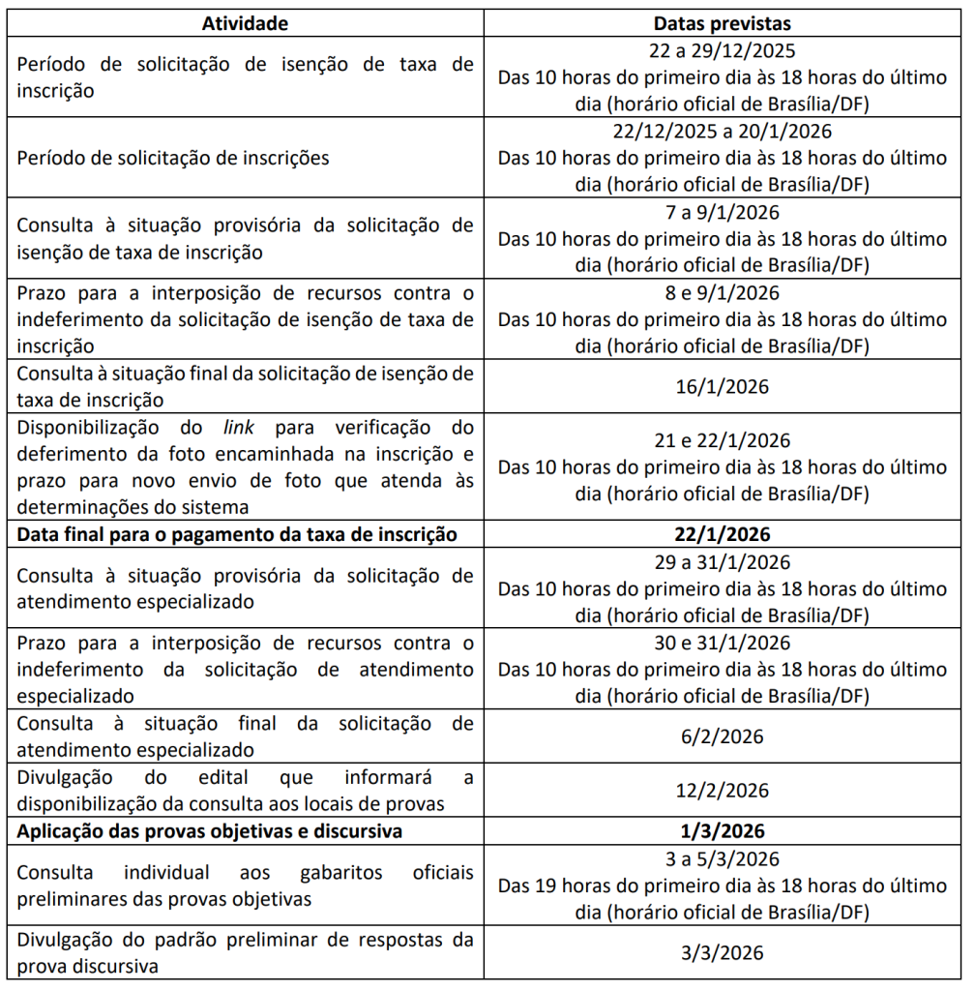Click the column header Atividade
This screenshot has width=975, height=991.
[245, 22]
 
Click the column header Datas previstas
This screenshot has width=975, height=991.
[722, 22]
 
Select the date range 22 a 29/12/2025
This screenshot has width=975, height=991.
[722, 50]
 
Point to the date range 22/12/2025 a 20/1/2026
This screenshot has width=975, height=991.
[722, 131]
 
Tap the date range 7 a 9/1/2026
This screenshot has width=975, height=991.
[722, 211]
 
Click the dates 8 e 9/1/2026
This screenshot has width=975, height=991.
[722, 291]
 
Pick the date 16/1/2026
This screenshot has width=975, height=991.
[722, 387]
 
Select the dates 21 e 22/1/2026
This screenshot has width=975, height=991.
[722, 440]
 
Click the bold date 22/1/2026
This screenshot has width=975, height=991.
[722, 534]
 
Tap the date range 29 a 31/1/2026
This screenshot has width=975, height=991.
[722, 562]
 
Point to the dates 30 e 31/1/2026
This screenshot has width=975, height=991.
[722, 643]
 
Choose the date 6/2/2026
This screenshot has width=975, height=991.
[722, 737]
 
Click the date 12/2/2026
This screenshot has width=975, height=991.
[722, 791]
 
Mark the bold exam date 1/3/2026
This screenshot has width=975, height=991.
[722, 831]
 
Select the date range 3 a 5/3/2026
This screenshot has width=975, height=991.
[722, 859]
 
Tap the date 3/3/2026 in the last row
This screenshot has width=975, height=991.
[722, 952]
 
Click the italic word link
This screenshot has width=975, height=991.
[240, 428]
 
